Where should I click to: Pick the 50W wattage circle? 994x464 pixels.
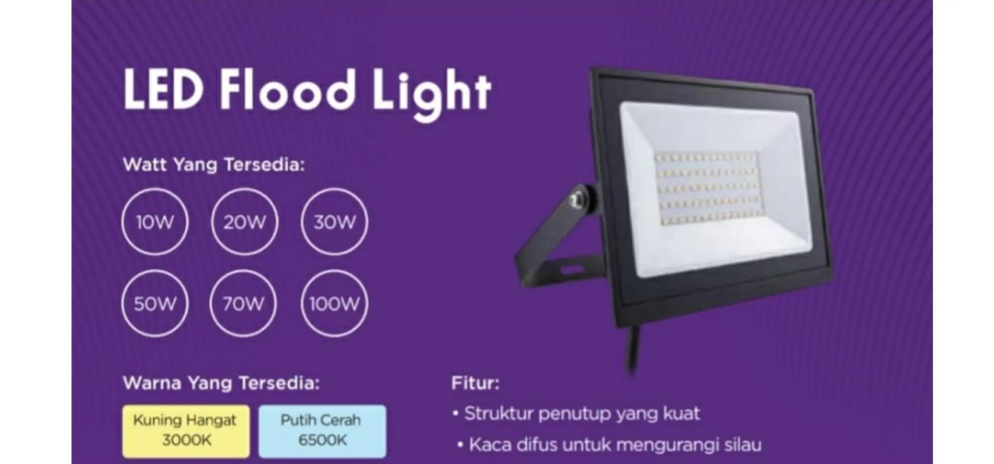click(155, 271)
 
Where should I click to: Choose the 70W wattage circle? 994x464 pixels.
click(244, 271)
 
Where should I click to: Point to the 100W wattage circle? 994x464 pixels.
click(334, 271)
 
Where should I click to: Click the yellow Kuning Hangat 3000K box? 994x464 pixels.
click(186, 431)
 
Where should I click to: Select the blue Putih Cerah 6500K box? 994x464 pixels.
click(322, 431)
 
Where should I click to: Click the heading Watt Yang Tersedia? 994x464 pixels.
click(214, 165)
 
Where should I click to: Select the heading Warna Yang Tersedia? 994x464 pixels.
click(221, 384)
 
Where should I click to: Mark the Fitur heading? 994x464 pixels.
click(475, 384)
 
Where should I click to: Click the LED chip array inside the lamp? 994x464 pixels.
click(707, 188)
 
